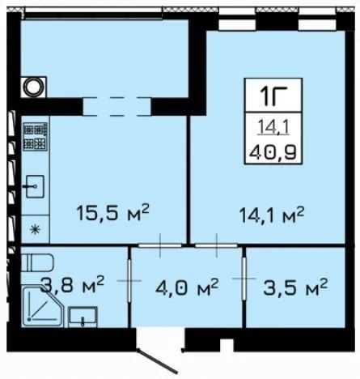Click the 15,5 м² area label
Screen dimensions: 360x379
[x=112, y=213]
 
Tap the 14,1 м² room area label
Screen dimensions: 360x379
[x=272, y=215]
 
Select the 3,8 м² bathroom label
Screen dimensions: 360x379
[x=72, y=284]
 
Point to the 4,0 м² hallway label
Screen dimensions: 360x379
[x=187, y=288]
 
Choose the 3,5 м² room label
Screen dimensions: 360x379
[x=295, y=287]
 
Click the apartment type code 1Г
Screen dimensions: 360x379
[x=273, y=96]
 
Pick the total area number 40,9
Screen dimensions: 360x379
[x=273, y=153]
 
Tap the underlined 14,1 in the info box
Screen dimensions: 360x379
[x=273, y=127]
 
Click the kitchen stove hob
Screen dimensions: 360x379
[x=36, y=136]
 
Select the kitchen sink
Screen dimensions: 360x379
[x=35, y=186]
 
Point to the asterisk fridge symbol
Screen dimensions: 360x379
[x=35, y=230]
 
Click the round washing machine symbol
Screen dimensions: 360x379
[x=33, y=87]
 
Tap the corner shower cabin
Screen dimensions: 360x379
[x=42, y=307]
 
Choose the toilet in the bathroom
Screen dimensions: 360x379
[x=37, y=262]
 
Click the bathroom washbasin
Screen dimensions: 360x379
[x=83, y=317]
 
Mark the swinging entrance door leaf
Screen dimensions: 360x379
[x=158, y=361]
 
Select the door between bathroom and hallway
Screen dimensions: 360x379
[x=129, y=281]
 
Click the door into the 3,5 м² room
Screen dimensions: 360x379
[x=244, y=279]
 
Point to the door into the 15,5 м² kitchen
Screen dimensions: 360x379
[x=160, y=245]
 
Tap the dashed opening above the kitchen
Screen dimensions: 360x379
[x=116, y=107]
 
